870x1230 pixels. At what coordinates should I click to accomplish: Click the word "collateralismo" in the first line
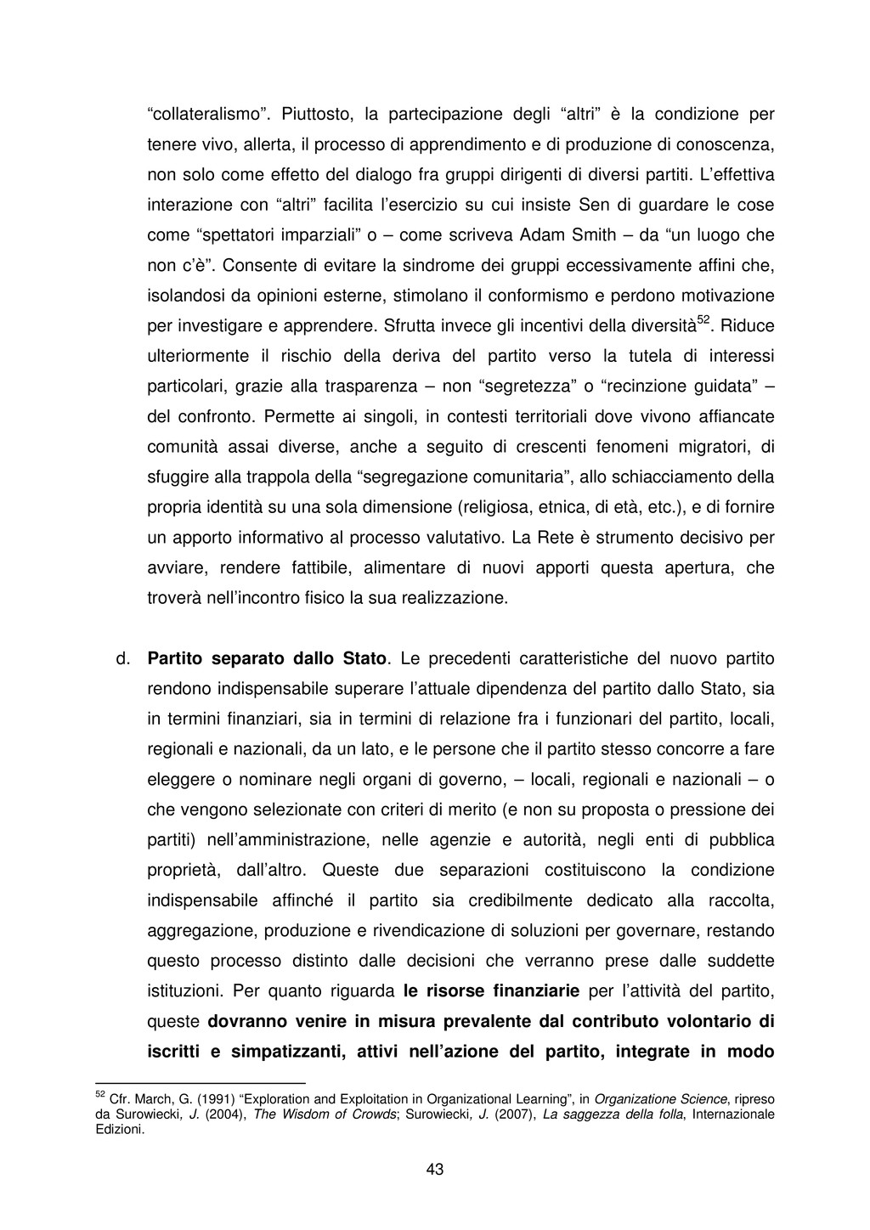(205, 113)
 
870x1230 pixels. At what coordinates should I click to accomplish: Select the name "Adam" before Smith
(542, 234)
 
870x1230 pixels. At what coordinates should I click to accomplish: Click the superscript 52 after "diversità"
(703, 319)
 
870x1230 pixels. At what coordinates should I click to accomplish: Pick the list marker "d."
(121, 658)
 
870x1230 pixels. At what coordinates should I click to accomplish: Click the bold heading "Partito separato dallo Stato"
(268, 658)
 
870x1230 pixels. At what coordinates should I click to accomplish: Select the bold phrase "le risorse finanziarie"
(491, 990)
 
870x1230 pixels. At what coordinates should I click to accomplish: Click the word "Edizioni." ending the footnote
(121, 1130)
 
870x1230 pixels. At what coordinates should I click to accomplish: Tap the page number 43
(435, 1169)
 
